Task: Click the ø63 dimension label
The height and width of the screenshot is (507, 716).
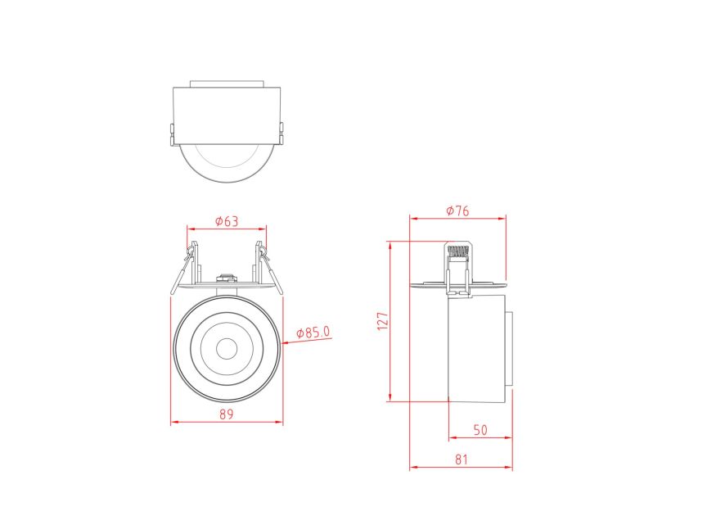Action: pos(226,220)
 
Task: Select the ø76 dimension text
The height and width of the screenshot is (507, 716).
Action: pos(457,210)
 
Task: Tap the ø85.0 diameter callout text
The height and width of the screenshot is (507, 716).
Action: pos(313,332)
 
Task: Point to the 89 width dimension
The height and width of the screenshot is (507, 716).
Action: pos(227,414)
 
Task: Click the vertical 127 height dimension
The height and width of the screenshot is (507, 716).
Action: pos(381,320)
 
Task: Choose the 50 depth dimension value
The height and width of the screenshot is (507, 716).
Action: pos(480,429)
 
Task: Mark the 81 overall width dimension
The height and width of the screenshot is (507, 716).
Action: pos(462,459)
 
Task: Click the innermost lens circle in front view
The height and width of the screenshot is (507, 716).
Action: pos(227,347)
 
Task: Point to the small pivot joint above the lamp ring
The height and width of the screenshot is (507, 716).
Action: pos(227,278)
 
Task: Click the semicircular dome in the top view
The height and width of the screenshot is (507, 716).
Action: pos(227,164)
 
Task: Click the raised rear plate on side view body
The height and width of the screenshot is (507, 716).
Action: pos(509,348)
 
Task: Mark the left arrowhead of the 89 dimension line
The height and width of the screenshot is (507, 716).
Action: pos(173,423)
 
